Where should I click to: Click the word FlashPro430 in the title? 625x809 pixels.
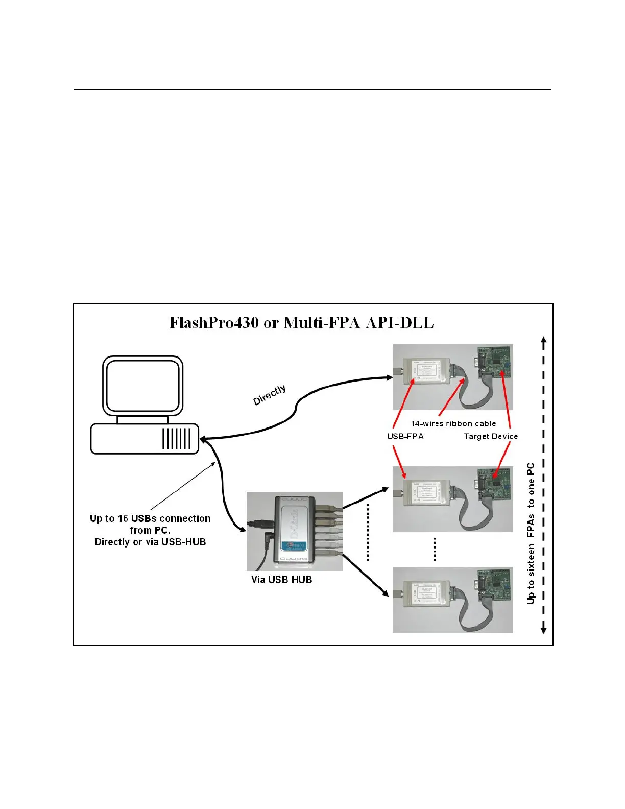click(x=214, y=323)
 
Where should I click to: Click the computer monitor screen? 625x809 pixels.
click(x=143, y=386)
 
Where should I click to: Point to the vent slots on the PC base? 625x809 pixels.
click(x=176, y=439)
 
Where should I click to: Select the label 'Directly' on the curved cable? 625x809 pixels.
click(x=270, y=395)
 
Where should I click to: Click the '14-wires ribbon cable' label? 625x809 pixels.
click(x=453, y=424)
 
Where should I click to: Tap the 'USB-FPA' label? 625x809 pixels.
click(x=405, y=437)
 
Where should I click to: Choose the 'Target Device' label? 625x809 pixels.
click(x=491, y=437)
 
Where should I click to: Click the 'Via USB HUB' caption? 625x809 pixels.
click(x=281, y=580)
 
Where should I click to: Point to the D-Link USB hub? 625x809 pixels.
click(x=294, y=531)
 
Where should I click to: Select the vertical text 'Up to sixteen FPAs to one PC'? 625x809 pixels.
click(x=531, y=534)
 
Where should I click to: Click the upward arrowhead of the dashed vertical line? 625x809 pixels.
click(x=544, y=340)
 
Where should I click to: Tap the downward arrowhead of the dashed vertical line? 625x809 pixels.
click(x=544, y=630)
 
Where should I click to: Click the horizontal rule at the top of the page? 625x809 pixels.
click(x=312, y=90)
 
